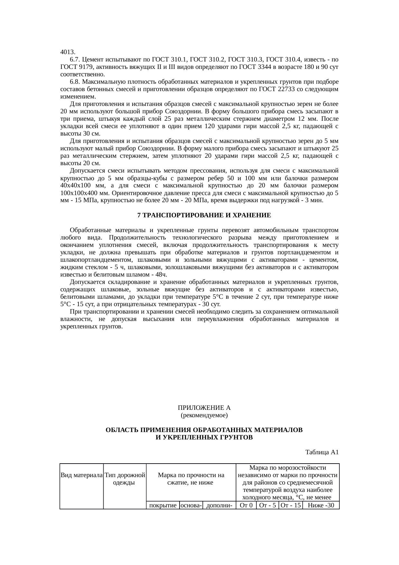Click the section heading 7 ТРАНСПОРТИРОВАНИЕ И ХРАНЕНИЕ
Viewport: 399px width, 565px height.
(204, 215)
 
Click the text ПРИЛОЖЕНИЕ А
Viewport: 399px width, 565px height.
(204, 408)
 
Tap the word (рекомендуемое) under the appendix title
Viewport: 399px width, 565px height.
(204, 415)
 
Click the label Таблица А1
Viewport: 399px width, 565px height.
(322, 452)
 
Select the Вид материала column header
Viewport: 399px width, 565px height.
(81, 475)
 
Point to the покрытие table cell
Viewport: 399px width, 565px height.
(163, 505)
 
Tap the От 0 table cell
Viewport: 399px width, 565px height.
(246, 505)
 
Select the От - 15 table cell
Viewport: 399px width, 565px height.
(290, 505)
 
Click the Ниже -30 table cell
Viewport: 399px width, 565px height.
(320, 505)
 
